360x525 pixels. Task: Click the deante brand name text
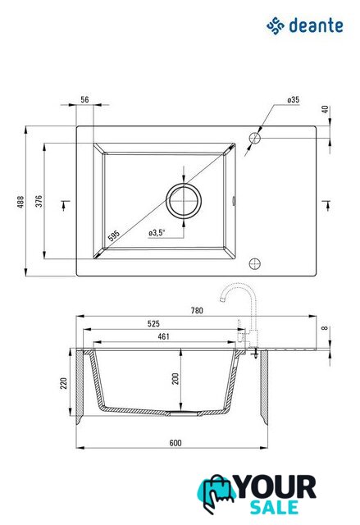(x=316, y=25)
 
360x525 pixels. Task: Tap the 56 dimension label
(x=84, y=99)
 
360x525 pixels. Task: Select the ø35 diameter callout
(x=293, y=100)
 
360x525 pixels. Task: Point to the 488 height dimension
(x=21, y=202)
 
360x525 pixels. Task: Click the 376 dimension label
(x=39, y=201)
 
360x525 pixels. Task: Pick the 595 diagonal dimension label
(x=114, y=235)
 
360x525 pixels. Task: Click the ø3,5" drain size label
(x=157, y=232)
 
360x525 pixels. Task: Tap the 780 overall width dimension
(x=197, y=310)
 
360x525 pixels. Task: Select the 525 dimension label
(x=153, y=323)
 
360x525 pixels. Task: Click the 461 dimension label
(x=164, y=336)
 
